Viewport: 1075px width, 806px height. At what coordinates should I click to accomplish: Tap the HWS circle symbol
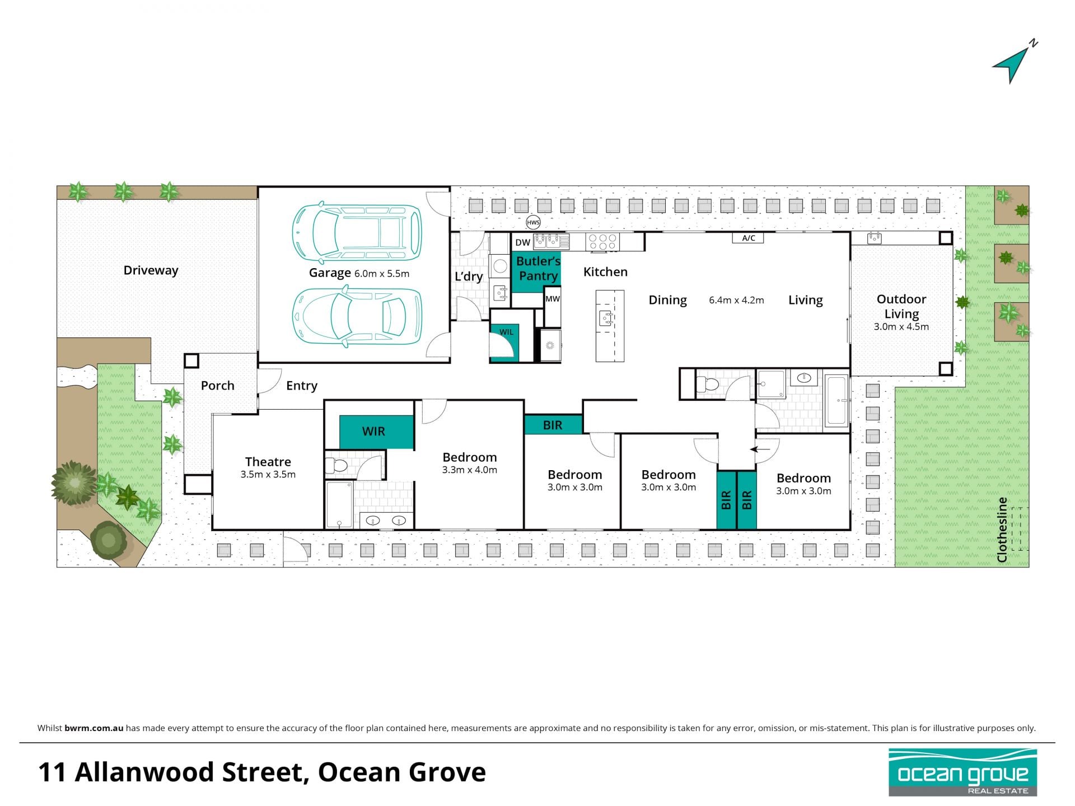[x=533, y=223]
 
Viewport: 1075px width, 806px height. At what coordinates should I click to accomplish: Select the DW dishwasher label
[x=522, y=242]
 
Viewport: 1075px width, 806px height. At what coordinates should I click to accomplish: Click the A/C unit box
[x=749, y=238]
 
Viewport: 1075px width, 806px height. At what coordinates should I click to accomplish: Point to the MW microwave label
[x=553, y=299]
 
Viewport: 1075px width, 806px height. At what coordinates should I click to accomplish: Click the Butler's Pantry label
[x=538, y=269]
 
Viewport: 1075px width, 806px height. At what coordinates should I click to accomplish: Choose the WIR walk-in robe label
[x=373, y=432]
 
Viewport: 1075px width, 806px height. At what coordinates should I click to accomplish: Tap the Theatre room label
[x=268, y=462]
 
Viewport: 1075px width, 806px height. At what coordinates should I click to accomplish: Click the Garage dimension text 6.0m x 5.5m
[x=382, y=274]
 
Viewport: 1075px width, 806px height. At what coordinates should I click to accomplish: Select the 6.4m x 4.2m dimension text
[x=736, y=300]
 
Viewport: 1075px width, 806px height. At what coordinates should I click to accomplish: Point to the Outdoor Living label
[x=901, y=306]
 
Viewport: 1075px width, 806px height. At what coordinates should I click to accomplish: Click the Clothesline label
[x=1002, y=529]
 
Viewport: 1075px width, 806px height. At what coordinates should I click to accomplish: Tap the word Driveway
[x=151, y=270]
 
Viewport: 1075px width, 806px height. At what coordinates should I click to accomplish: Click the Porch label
[x=217, y=386]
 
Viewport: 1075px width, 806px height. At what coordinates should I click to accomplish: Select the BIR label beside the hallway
[x=553, y=425]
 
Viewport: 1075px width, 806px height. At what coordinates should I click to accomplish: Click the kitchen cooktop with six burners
[x=602, y=242]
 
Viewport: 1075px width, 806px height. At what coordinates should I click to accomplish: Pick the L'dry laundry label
[x=469, y=277]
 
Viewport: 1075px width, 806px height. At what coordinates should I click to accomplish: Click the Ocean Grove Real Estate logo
[x=963, y=772]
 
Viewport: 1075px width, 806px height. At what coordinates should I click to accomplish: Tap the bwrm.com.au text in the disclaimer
[x=94, y=728]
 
